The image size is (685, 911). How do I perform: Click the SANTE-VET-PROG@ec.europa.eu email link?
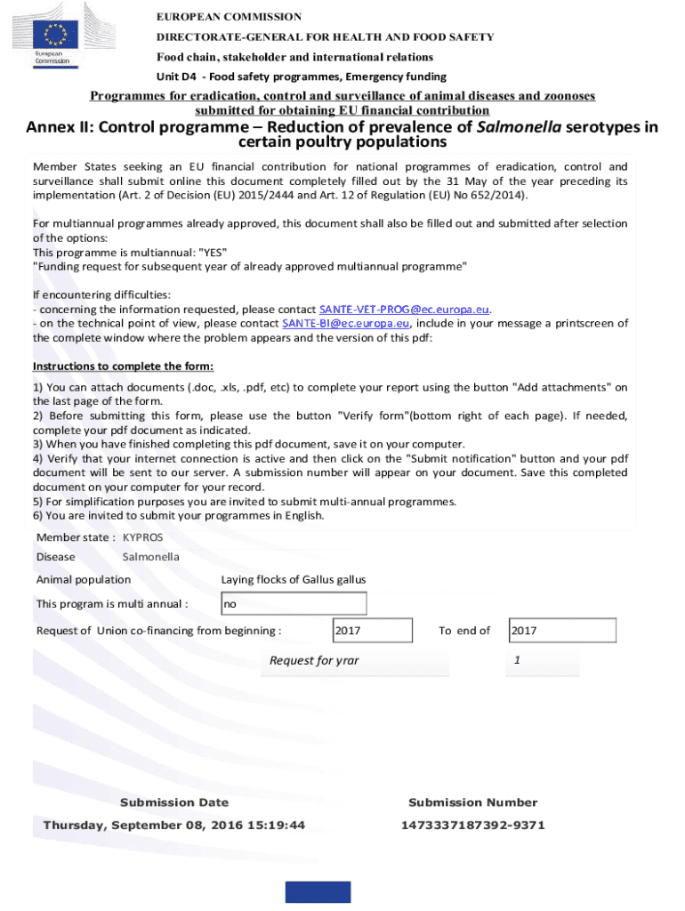click(x=405, y=309)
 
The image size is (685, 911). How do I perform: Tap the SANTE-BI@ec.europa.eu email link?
click(x=345, y=323)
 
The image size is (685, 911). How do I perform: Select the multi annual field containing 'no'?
click(x=294, y=604)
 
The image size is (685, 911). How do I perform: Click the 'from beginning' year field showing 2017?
click(x=372, y=631)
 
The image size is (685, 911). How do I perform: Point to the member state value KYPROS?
click(x=143, y=537)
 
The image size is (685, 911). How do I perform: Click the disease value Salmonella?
click(x=150, y=557)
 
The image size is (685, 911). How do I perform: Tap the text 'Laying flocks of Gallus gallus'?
click(x=294, y=580)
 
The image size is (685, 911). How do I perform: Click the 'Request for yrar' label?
click(x=314, y=660)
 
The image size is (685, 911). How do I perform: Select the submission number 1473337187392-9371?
click(x=472, y=825)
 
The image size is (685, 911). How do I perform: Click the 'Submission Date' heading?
click(x=174, y=802)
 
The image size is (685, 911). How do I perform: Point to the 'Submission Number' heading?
click(x=472, y=802)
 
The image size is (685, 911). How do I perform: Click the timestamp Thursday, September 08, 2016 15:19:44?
click(x=174, y=825)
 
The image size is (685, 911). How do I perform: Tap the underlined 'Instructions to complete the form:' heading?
click(x=123, y=367)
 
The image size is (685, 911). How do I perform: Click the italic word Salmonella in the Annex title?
click(x=519, y=127)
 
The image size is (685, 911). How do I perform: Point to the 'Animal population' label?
click(x=83, y=580)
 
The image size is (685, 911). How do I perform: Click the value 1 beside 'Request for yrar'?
click(x=517, y=659)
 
